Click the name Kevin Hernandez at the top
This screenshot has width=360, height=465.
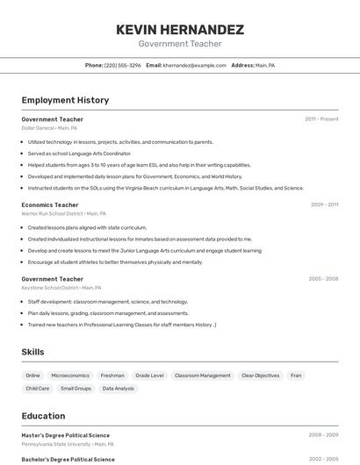180,30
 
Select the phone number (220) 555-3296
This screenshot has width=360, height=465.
122,65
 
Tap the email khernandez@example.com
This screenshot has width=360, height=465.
194,65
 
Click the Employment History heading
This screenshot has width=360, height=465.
65,100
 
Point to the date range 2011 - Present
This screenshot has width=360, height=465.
321,119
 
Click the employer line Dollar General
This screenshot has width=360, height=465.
49,128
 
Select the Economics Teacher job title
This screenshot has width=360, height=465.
50,204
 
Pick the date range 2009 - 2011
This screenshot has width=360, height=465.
324,204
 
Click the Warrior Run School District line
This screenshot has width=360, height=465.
63,213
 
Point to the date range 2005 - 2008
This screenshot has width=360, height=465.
323,279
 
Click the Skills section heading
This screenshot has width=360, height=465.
33,352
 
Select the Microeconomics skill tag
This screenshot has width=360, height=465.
70,376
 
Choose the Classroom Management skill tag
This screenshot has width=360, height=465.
202,376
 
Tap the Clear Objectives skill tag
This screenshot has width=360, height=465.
260,376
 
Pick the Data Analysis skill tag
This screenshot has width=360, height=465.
119,388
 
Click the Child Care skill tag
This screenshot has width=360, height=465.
38,388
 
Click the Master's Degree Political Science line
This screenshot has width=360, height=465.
66,435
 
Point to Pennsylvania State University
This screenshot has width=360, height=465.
58,444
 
